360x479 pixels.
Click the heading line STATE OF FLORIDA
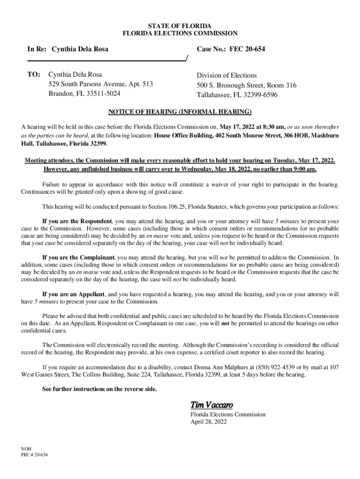(180, 25)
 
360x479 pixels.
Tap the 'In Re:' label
(37, 49)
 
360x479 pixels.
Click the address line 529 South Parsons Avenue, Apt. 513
(101, 84)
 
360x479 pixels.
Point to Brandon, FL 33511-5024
(84, 94)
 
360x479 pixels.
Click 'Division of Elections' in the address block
(227, 75)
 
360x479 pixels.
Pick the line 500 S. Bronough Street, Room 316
(246, 85)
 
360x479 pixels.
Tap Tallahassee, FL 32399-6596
(237, 94)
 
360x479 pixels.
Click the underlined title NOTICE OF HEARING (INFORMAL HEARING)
(180, 112)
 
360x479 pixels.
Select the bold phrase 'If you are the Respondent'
(77, 221)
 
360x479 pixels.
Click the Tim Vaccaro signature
(211, 405)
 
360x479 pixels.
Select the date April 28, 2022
(209, 421)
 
